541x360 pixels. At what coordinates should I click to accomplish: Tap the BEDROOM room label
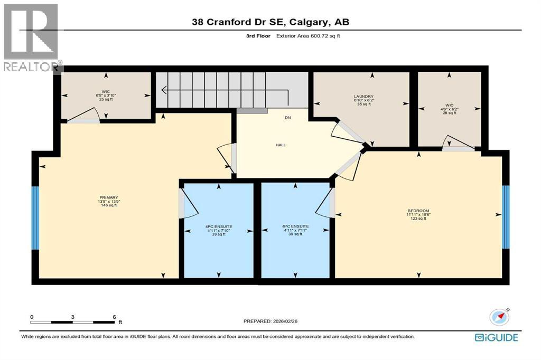click(x=418, y=210)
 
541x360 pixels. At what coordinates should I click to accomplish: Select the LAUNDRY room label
click(x=363, y=97)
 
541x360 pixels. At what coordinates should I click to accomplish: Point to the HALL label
click(x=281, y=145)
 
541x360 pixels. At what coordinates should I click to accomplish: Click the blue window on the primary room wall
click(x=35, y=217)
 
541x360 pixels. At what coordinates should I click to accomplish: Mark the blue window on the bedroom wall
click(x=506, y=216)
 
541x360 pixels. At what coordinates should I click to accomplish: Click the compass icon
click(x=499, y=317)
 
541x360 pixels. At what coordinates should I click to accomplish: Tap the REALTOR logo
click(x=31, y=37)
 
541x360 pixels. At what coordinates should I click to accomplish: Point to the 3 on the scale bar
click(x=73, y=317)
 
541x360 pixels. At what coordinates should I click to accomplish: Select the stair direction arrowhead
click(x=165, y=90)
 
